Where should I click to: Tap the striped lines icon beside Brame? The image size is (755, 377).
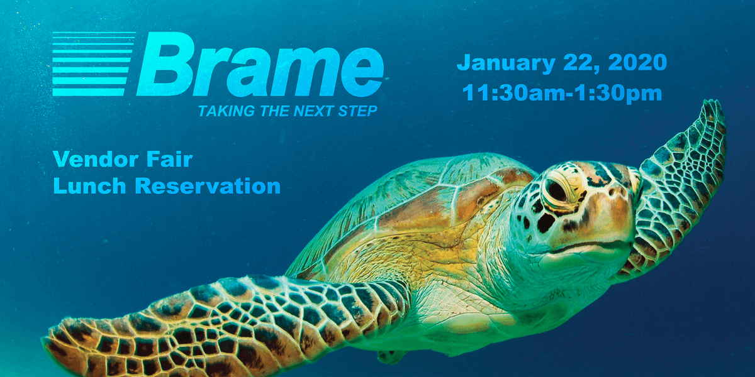[93, 64]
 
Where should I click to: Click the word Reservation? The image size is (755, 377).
[208, 187]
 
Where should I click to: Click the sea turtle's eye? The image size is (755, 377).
[556, 189]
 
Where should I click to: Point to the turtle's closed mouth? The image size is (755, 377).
[585, 244]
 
